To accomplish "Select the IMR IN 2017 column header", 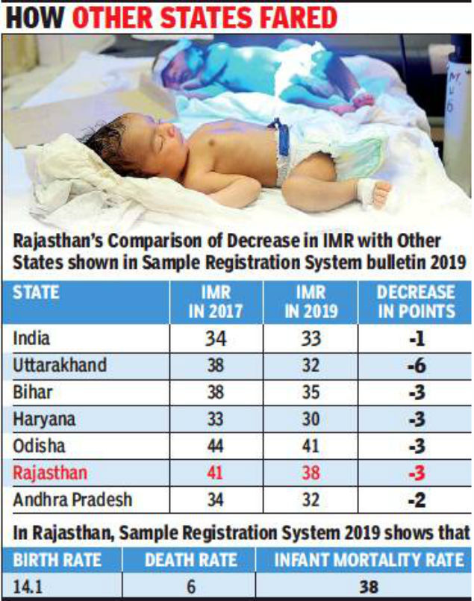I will [x=216, y=301].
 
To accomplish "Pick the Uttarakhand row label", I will [x=60, y=366].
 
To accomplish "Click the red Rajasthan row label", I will [x=50, y=473].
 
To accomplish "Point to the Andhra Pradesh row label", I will [x=71, y=499].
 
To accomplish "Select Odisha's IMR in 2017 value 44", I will [x=215, y=446].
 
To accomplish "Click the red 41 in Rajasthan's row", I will [x=215, y=473].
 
